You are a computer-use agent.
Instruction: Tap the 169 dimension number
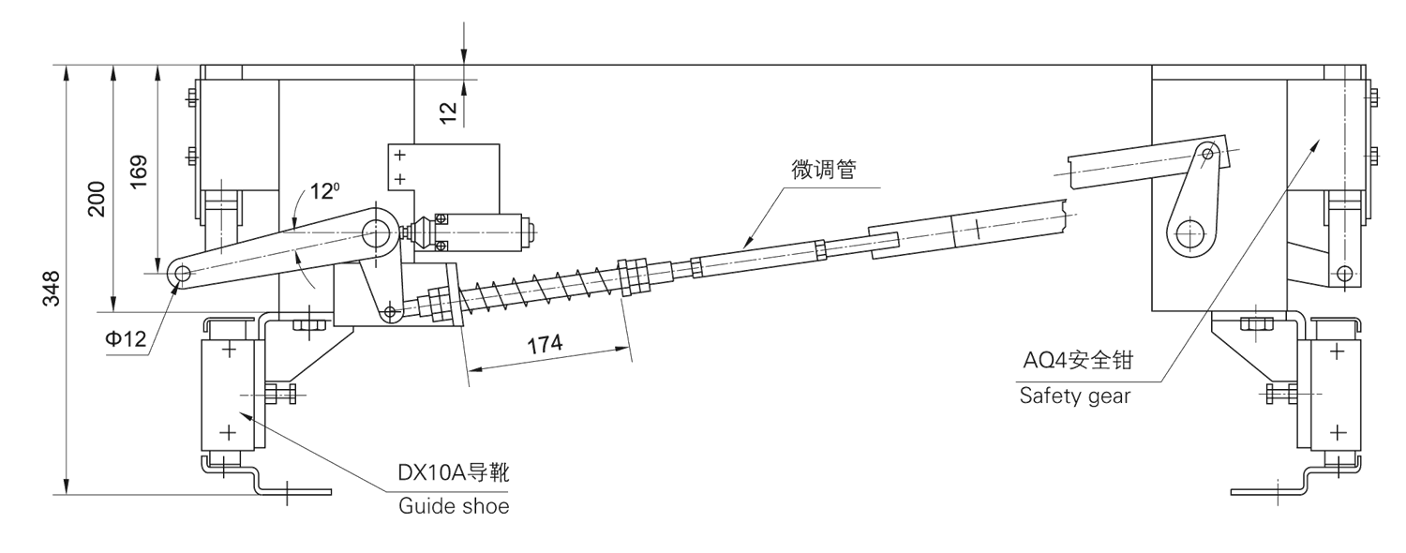tap(139, 172)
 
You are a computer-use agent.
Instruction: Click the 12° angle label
tap(323, 191)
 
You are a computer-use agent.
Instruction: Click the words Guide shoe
tap(454, 507)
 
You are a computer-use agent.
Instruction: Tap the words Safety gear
tap(1074, 396)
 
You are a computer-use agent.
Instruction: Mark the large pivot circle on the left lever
tap(379, 230)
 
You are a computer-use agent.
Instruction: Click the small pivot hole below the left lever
tap(390, 311)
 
